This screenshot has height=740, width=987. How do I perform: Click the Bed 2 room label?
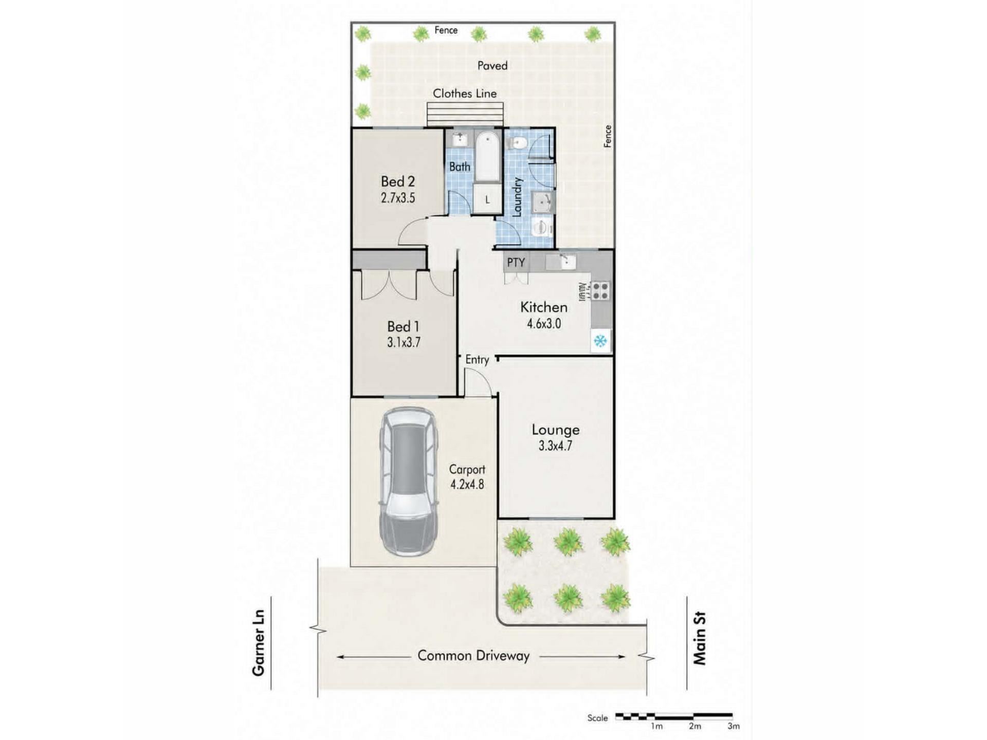pyautogui.click(x=397, y=181)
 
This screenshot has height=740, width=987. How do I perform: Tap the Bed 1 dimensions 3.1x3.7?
pyautogui.click(x=404, y=342)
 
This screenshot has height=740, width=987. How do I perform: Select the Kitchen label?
pyautogui.click(x=544, y=307)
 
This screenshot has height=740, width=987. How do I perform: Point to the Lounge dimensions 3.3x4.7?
pyautogui.click(x=555, y=446)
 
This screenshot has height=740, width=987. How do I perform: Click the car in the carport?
pyautogui.click(x=409, y=482)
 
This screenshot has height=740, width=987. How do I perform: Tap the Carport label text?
pyautogui.click(x=467, y=470)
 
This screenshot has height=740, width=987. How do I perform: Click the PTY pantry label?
pyautogui.click(x=516, y=263)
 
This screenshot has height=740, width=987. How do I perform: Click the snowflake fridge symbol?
pyautogui.click(x=600, y=341)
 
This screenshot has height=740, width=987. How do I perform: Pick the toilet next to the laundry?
pyautogui.click(x=516, y=143)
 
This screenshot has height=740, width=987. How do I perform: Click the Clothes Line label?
pyautogui.click(x=465, y=94)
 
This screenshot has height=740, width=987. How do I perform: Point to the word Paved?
pyautogui.click(x=492, y=66)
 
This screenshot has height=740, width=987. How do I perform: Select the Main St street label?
pyautogui.click(x=700, y=638)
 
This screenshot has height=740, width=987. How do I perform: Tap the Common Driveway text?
pyautogui.click(x=473, y=656)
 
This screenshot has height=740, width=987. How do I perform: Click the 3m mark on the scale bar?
pyautogui.click(x=734, y=726)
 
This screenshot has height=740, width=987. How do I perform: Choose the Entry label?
pyautogui.click(x=477, y=360)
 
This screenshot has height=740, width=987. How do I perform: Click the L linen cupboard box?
pyautogui.click(x=487, y=199)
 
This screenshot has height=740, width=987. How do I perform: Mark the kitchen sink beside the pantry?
pyautogui.click(x=561, y=262)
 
